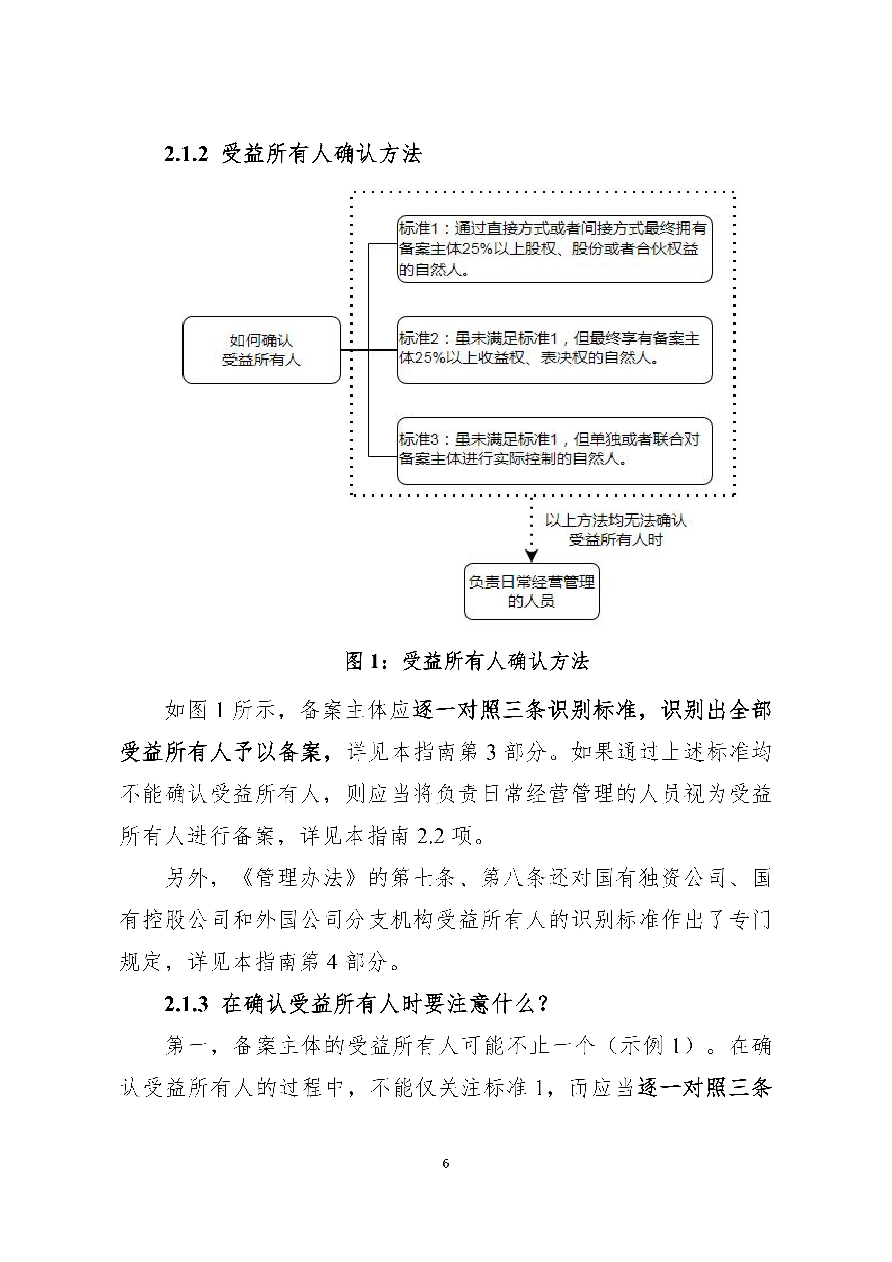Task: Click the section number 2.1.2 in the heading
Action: (186, 154)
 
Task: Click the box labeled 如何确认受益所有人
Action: (262, 350)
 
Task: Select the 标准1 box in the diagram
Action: (554, 249)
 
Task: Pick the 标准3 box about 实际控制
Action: (554, 451)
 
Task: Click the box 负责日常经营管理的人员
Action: (531, 591)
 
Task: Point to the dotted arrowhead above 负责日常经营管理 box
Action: (531, 556)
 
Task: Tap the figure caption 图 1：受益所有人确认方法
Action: (467, 661)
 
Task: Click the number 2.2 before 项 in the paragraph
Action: (430, 836)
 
